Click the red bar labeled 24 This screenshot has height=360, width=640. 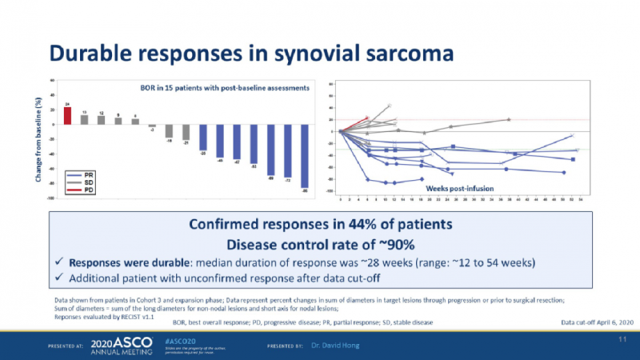68,116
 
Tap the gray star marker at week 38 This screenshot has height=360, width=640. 509,120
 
